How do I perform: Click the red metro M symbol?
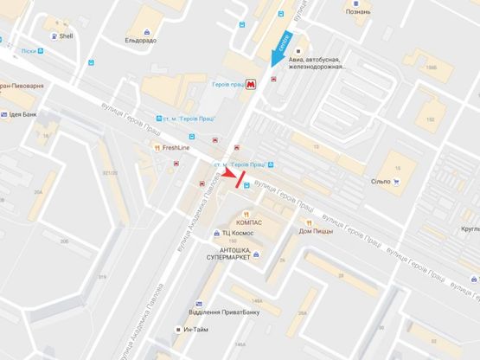[x=250, y=85]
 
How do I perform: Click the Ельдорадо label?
[x=139, y=40]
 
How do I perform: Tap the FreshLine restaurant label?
[x=179, y=148]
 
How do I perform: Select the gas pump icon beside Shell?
[x=56, y=36]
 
